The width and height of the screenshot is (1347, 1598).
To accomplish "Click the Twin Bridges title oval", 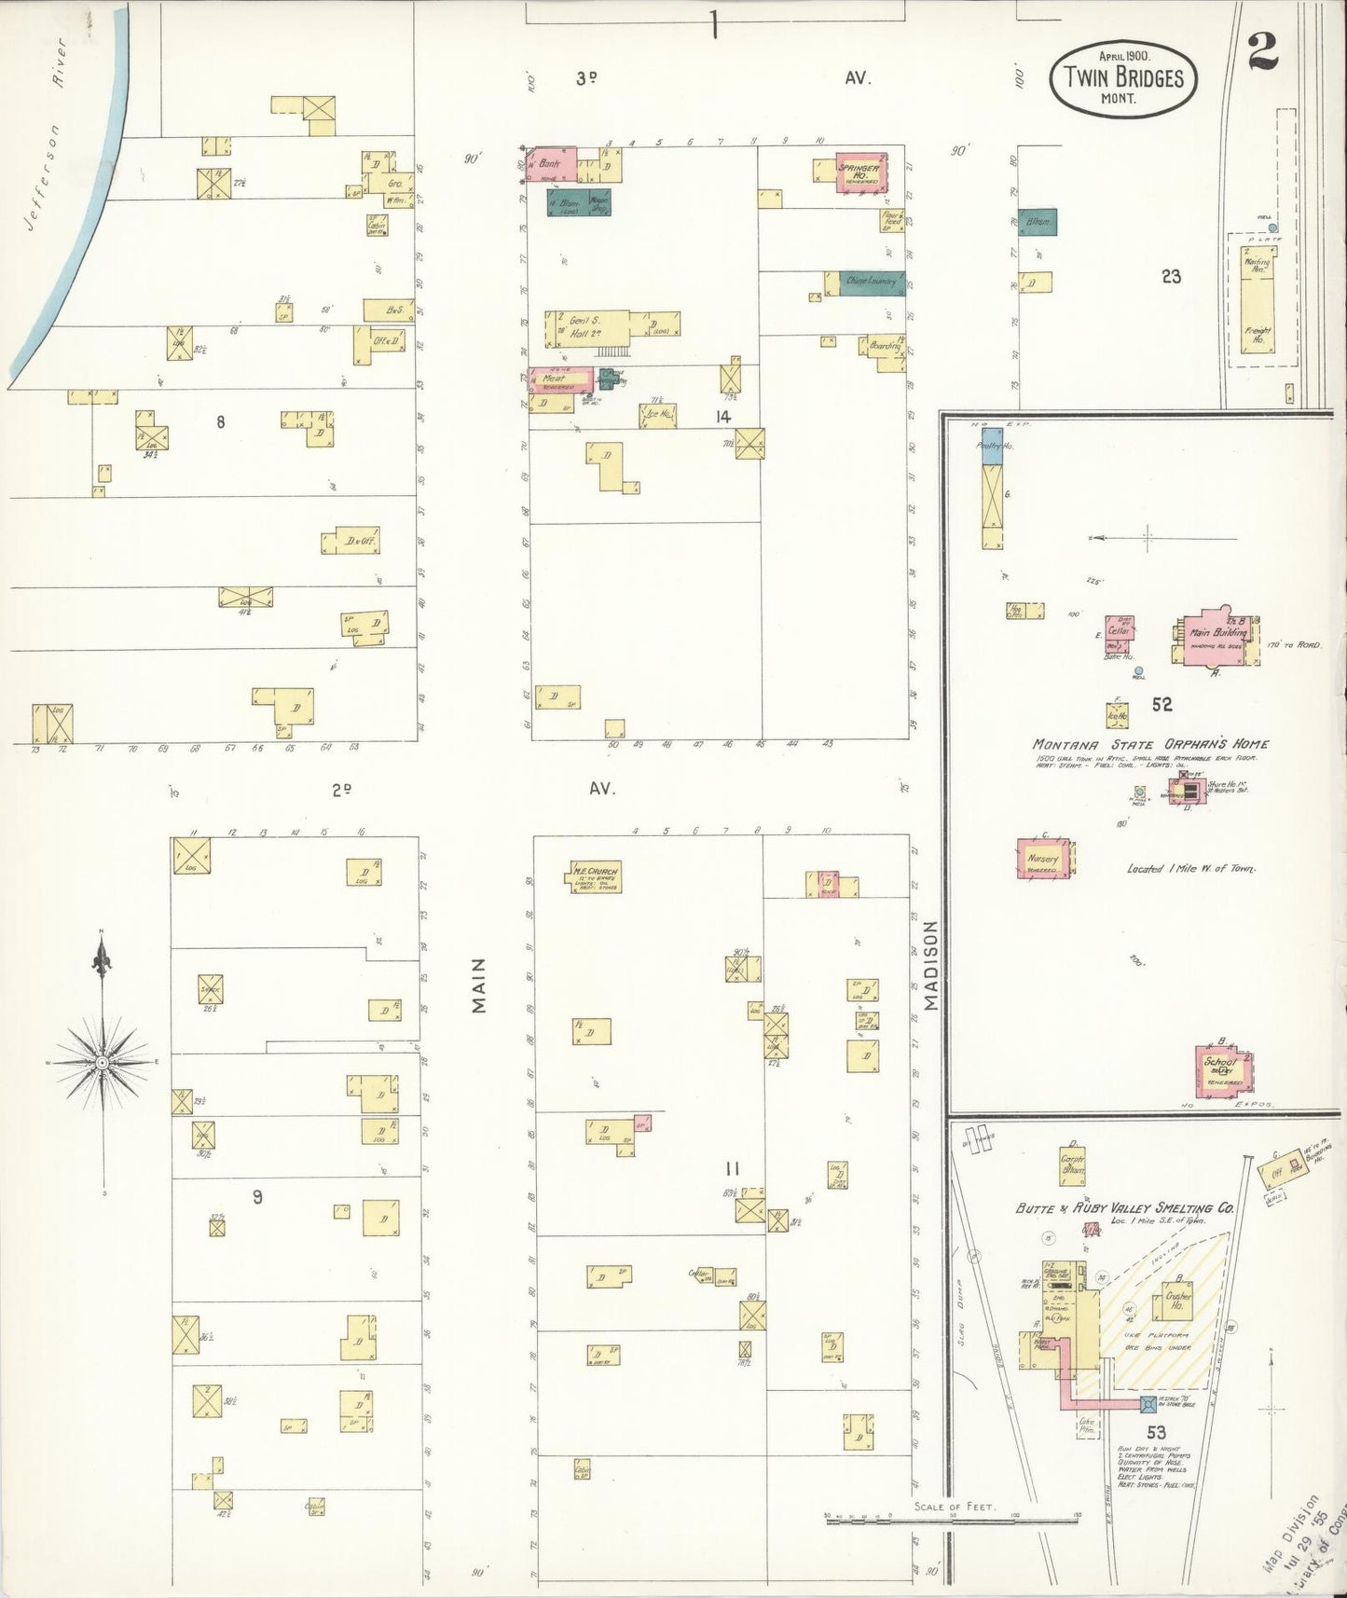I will [x=1123, y=78].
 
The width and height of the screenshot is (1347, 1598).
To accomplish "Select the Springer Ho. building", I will [x=859, y=172].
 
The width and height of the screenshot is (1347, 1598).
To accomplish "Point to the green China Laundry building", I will [x=872, y=282].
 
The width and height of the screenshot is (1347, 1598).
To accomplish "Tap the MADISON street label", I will [x=929, y=965].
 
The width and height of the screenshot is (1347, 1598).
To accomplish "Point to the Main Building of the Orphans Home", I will [x=1212, y=638].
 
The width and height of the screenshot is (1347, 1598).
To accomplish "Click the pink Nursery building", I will [x=1043, y=859].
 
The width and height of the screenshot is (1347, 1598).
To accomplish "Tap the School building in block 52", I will [x=1222, y=1071].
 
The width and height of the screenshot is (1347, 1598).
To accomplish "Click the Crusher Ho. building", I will [x=1178, y=1305].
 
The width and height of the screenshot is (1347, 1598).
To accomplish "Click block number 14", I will [x=722, y=417].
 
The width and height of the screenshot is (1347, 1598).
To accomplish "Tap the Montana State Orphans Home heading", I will [x=1149, y=744].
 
